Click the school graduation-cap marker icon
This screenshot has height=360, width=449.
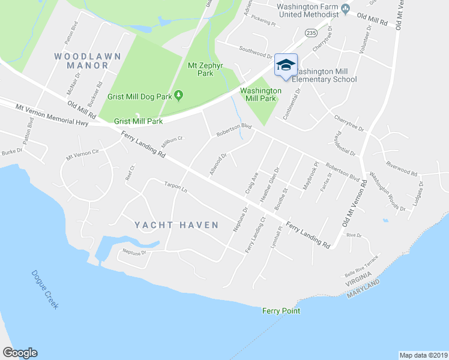pyautogui.click(x=286, y=65)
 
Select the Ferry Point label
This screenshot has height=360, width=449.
pyautogui.click(x=281, y=311)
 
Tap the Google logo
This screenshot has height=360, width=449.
pyautogui.click(x=20, y=353)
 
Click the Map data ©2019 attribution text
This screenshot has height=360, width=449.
pyautogui.click(x=423, y=355)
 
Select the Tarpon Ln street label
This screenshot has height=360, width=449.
pyautogui.click(x=176, y=190)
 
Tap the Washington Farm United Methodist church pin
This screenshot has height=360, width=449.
pyautogui.click(x=345, y=8)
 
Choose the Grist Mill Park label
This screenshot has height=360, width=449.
pyautogui.click(x=139, y=121)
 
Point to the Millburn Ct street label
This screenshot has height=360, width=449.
pyautogui.click(x=171, y=142)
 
